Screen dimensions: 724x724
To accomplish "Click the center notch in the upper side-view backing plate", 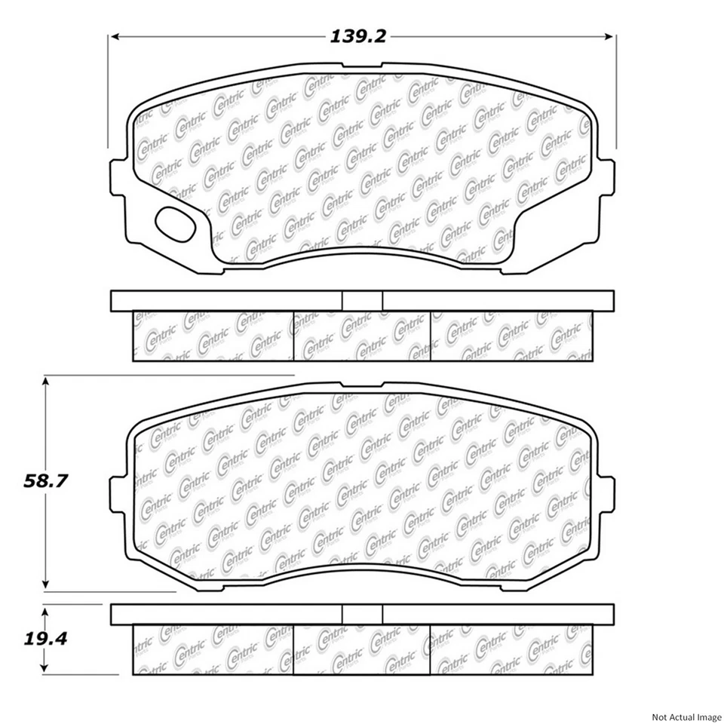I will coord(362,300).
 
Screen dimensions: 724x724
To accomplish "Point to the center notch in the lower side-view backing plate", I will coord(362,614).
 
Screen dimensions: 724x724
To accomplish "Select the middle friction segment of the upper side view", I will coord(361,336).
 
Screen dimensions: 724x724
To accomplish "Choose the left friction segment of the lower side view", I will coord(213,649).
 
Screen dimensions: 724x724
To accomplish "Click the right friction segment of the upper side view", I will coord(511,336).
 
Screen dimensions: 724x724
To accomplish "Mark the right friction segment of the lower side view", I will coord(511,649).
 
